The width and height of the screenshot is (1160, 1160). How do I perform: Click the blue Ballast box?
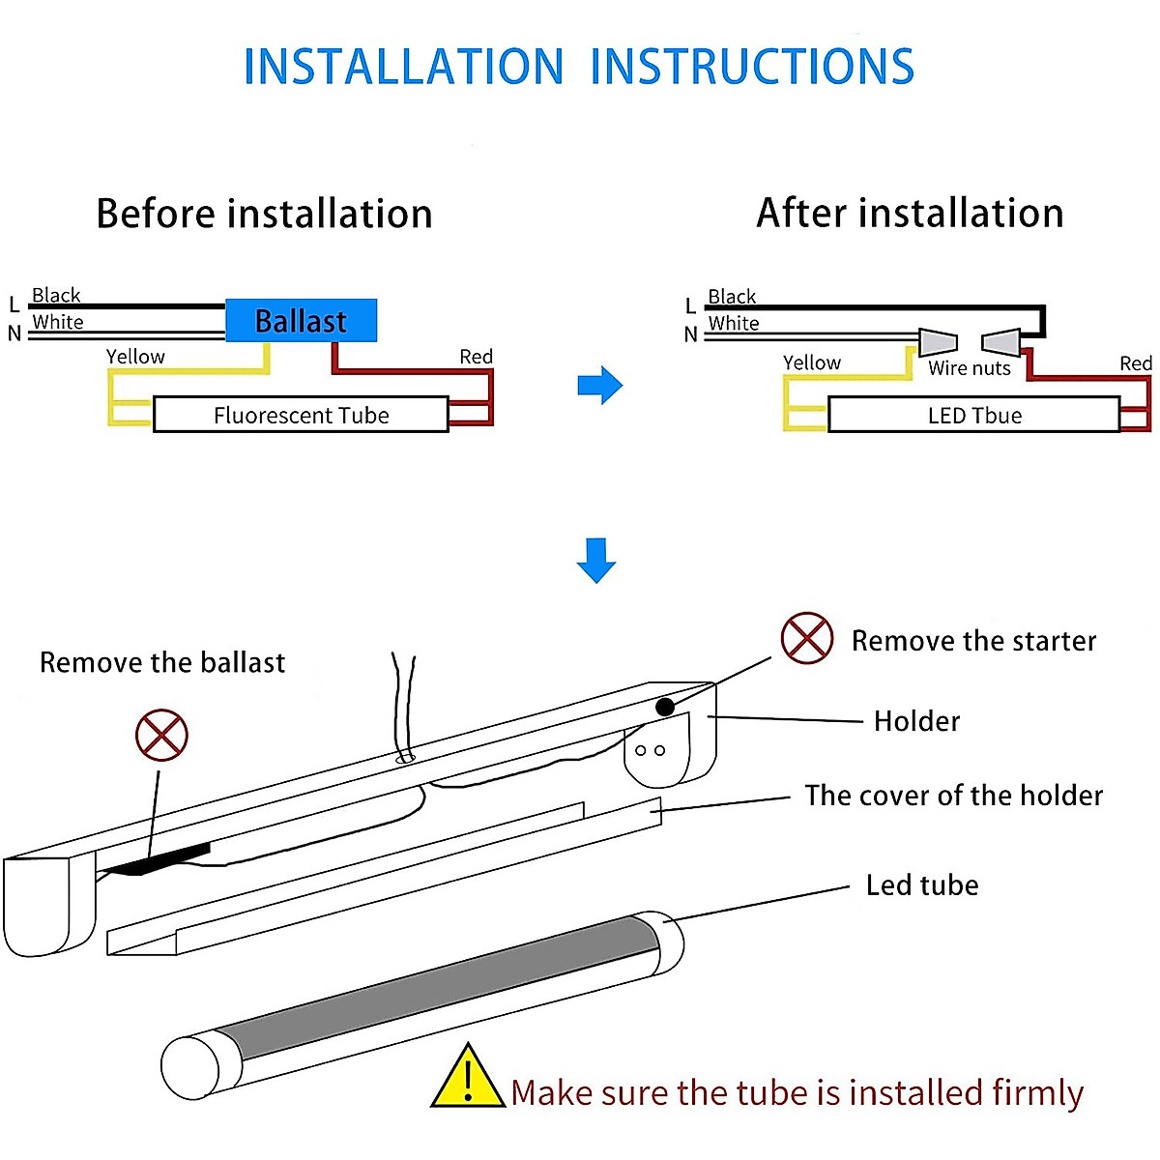click(x=301, y=320)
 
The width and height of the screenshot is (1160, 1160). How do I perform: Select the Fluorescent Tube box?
click(x=301, y=415)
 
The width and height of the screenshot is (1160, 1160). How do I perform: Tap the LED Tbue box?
click(x=973, y=415)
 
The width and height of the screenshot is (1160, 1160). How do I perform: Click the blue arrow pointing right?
click(x=600, y=386)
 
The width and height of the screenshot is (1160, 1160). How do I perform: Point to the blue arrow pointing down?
click(x=596, y=561)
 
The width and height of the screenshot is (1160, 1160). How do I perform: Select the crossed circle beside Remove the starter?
click(x=807, y=638)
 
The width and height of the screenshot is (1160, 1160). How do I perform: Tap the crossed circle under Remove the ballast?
click(x=161, y=735)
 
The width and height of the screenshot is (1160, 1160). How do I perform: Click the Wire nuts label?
click(x=970, y=368)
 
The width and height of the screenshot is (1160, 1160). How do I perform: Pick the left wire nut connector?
click(x=937, y=341)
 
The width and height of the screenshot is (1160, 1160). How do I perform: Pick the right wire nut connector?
click(x=1001, y=342)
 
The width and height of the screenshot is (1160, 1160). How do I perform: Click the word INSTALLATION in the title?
click(x=403, y=67)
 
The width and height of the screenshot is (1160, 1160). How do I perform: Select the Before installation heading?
click(x=264, y=214)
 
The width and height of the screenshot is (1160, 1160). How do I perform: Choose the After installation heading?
click(x=910, y=213)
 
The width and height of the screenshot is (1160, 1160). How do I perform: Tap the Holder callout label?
click(x=916, y=721)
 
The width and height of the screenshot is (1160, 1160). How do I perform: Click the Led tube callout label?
click(x=922, y=885)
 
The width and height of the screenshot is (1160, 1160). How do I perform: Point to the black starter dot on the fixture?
click(x=665, y=707)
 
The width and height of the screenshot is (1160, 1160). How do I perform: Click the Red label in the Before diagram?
click(x=476, y=357)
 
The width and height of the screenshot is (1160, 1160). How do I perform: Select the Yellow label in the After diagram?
click(x=811, y=362)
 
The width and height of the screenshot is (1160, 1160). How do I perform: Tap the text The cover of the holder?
click(x=953, y=796)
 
